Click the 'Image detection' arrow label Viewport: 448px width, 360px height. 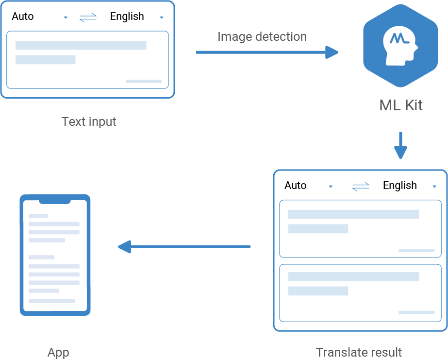262,37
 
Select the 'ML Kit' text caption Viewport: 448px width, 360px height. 401,105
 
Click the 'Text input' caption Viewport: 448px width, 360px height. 89,121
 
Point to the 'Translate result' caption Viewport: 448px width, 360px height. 359,352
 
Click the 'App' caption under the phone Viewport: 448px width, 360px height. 58,353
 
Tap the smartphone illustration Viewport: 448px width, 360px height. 55,255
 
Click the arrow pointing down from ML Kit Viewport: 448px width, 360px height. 400,146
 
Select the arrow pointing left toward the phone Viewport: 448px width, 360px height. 184,247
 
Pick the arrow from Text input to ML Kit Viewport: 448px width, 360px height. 267,52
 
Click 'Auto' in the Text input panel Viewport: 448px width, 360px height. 23,17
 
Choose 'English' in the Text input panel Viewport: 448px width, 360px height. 127,17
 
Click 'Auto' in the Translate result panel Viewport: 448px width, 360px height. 296,186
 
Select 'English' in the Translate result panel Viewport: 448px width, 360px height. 399,186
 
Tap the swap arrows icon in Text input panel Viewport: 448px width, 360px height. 88,17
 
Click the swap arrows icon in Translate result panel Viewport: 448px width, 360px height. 361,187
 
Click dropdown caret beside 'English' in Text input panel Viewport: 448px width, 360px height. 162,18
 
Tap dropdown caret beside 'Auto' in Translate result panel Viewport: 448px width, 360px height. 331,187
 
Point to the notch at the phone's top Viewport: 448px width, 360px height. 55,200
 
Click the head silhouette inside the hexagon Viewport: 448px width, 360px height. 400,46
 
